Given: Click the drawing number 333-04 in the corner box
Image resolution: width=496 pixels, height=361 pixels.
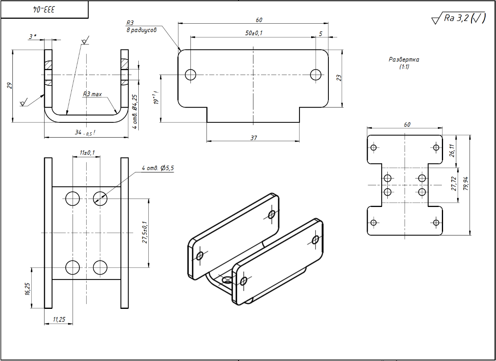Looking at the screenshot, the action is [x=44, y=9].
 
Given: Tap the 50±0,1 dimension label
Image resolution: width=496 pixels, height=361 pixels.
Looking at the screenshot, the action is [x=253, y=33].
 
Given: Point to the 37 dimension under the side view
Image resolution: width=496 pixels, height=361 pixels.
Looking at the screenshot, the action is [x=253, y=138].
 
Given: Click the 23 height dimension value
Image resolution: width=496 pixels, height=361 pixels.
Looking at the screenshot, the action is [x=339, y=78].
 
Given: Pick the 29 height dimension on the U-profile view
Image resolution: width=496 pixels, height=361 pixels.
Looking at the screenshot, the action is [x=10, y=85].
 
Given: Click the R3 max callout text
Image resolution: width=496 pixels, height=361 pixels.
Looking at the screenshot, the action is [x=92, y=94].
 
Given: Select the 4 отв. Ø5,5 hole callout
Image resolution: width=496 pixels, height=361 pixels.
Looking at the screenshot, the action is [x=158, y=168].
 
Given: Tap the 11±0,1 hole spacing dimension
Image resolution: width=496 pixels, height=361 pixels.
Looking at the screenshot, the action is [x=87, y=152].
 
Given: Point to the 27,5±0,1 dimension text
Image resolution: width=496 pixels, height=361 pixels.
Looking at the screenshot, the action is [x=145, y=232].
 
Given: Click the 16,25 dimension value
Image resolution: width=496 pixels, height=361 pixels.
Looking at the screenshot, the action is [x=27, y=289].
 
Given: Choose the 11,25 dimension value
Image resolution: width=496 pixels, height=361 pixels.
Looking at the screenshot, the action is [x=59, y=319].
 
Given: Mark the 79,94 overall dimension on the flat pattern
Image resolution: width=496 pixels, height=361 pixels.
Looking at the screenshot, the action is [x=466, y=184].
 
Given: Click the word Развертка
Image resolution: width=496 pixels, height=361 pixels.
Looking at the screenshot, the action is [x=404, y=60].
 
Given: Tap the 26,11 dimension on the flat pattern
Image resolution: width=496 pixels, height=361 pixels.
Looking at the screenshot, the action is [x=452, y=150].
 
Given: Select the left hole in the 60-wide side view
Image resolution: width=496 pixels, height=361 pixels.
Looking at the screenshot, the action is [x=190, y=75].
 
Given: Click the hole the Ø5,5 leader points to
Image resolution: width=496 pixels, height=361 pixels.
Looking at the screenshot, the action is [x=100, y=199].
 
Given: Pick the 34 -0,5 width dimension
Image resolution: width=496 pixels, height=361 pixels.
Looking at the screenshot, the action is [x=85, y=133].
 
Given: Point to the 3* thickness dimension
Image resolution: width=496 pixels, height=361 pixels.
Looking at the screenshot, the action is [x=33, y=37].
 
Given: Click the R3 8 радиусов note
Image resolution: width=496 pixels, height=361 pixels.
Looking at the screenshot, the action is [x=142, y=26].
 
